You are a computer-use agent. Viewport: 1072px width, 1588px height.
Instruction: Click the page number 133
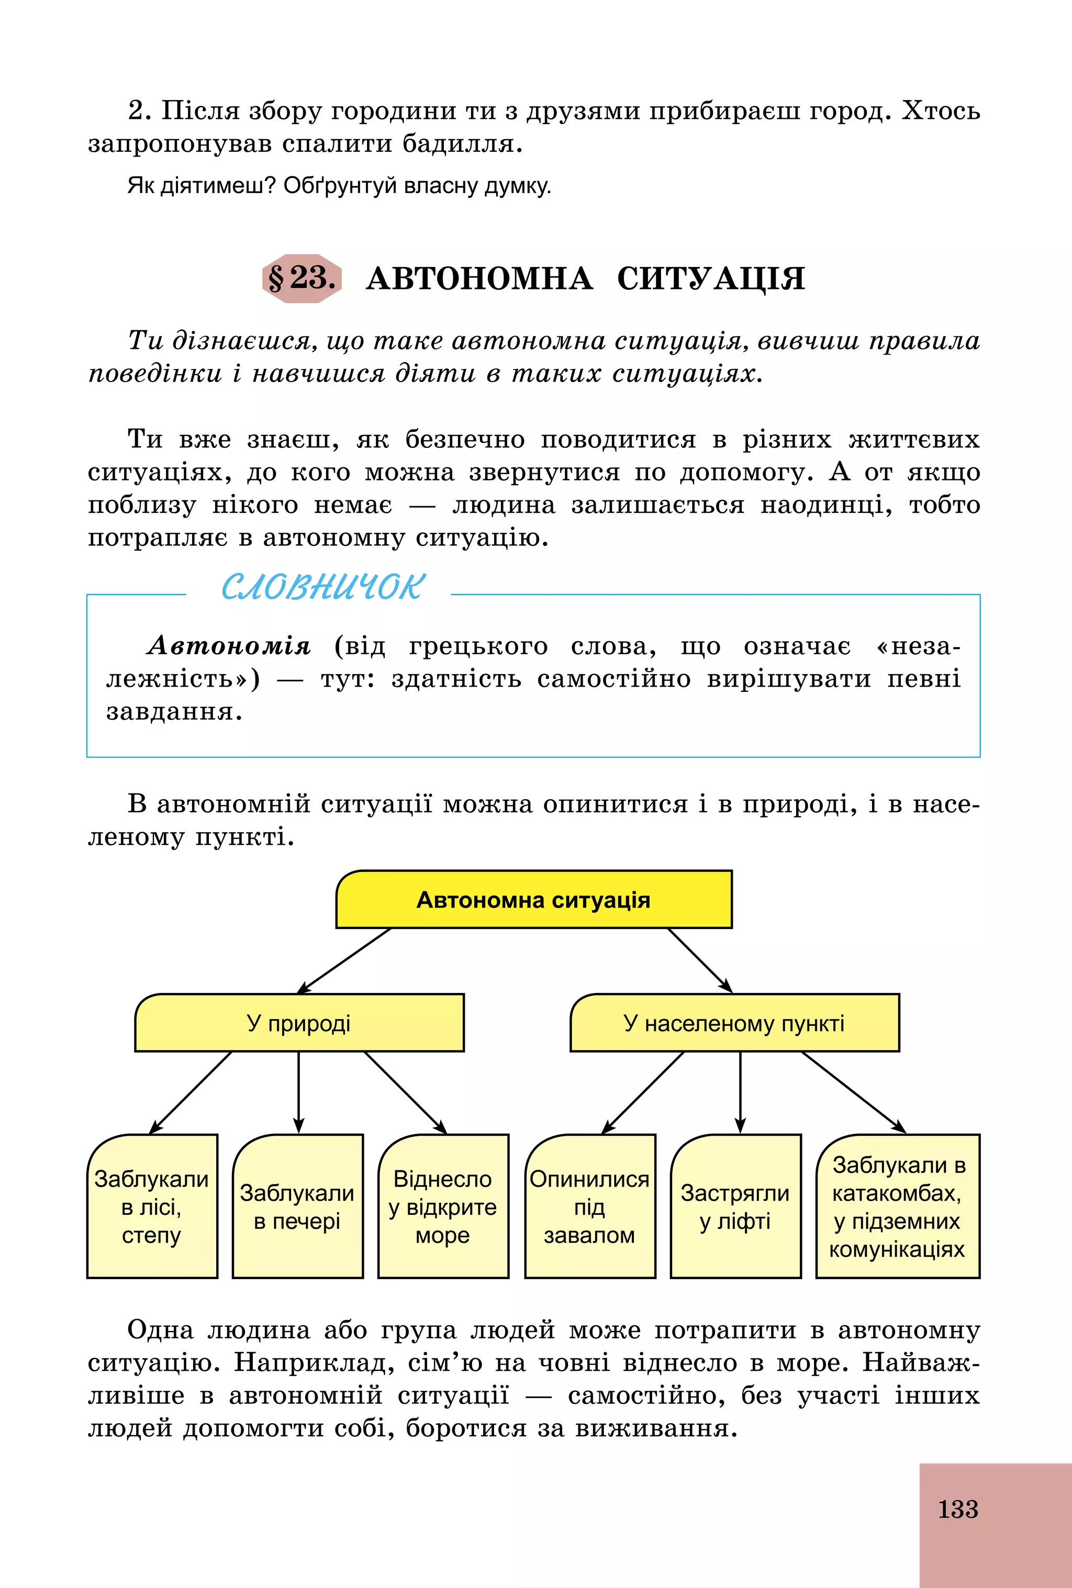957,1509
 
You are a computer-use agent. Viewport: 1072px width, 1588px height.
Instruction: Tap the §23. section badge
302,278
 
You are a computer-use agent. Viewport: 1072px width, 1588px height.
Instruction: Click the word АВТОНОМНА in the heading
479,279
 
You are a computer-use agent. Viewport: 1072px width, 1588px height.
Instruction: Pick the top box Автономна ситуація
533,900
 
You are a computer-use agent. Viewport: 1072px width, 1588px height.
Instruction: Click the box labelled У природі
299,1023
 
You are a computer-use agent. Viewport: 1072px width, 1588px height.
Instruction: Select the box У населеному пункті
734,1023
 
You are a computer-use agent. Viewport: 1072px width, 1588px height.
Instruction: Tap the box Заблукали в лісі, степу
152,1207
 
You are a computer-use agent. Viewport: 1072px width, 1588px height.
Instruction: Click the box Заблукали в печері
297,1207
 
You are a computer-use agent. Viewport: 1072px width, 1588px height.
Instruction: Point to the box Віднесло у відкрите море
443,1207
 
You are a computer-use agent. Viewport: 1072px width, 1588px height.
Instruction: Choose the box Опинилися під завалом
589,1207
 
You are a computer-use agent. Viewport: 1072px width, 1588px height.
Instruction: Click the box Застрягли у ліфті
735,1207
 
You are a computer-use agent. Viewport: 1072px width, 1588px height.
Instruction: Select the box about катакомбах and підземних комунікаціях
898,1207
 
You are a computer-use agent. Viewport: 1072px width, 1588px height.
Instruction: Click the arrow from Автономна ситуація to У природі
344,960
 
